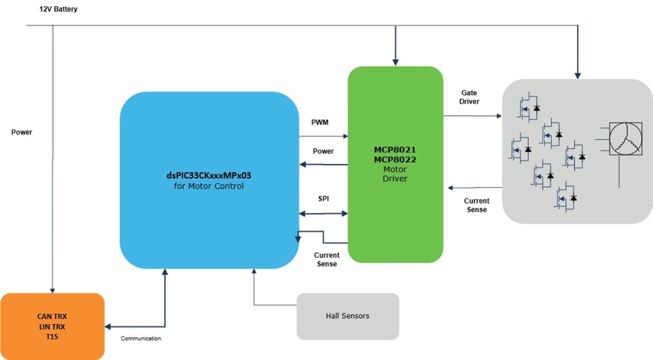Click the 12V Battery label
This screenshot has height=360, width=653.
[x=58, y=10]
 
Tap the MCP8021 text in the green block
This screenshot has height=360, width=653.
[x=395, y=150]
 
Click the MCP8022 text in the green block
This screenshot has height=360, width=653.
[x=395, y=160]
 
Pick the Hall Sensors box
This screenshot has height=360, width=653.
[x=347, y=316]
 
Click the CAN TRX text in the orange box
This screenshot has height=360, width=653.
[x=52, y=317]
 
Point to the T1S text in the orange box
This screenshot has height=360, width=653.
[x=52, y=337]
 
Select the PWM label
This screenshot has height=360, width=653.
[x=320, y=123]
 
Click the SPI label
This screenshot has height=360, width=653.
[x=323, y=198]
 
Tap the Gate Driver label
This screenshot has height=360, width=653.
[x=469, y=97]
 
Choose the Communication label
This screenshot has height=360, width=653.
[x=141, y=338]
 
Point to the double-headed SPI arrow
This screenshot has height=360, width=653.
[x=323, y=213]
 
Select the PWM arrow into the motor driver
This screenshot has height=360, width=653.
[x=323, y=136]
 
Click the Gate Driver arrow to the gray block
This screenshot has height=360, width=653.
[x=472, y=116]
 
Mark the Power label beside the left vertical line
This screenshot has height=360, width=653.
[x=21, y=132]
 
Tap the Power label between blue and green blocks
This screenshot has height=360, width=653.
[x=323, y=151]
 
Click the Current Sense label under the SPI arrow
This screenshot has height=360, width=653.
[x=326, y=259]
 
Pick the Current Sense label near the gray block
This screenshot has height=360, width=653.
[x=476, y=205]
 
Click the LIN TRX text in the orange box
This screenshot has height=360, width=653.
[x=52, y=326]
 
